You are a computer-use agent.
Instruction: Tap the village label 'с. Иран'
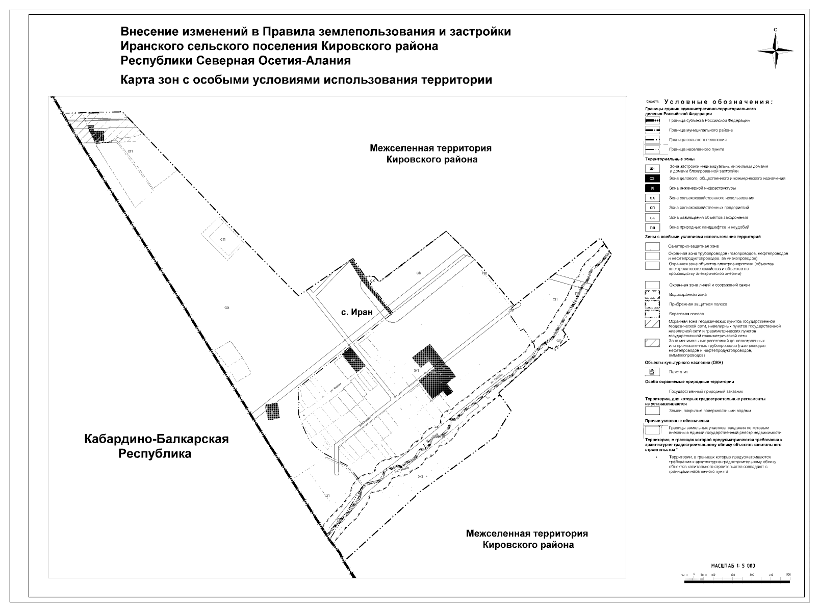pyautogui.click(x=357, y=312)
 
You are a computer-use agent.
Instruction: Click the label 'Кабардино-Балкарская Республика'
pyautogui.click(x=156, y=446)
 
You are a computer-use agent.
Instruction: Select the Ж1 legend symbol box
pyautogui.click(x=652, y=169)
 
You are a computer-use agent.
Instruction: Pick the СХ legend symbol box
pyautogui.click(x=652, y=198)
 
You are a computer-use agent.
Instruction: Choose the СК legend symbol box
pyautogui.click(x=652, y=218)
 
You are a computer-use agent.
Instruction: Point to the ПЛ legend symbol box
pyautogui.click(x=652, y=227)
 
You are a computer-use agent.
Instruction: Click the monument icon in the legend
pyautogui.click(x=652, y=372)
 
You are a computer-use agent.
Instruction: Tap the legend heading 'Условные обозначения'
pyautogui.click(x=719, y=102)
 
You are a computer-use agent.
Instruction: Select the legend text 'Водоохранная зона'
pyautogui.click(x=688, y=295)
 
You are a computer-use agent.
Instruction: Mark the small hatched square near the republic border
pyautogui.click(x=273, y=412)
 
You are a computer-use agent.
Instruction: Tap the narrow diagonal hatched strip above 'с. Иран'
pyautogui.click(x=372, y=286)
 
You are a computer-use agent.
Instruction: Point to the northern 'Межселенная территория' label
pyautogui.click(x=431, y=154)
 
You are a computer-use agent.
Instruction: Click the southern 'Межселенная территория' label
pyautogui.click(x=527, y=539)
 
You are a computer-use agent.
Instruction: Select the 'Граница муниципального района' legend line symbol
pyautogui.click(x=652, y=131)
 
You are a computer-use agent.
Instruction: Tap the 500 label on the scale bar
pyautogui.click(x=788, y=575)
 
